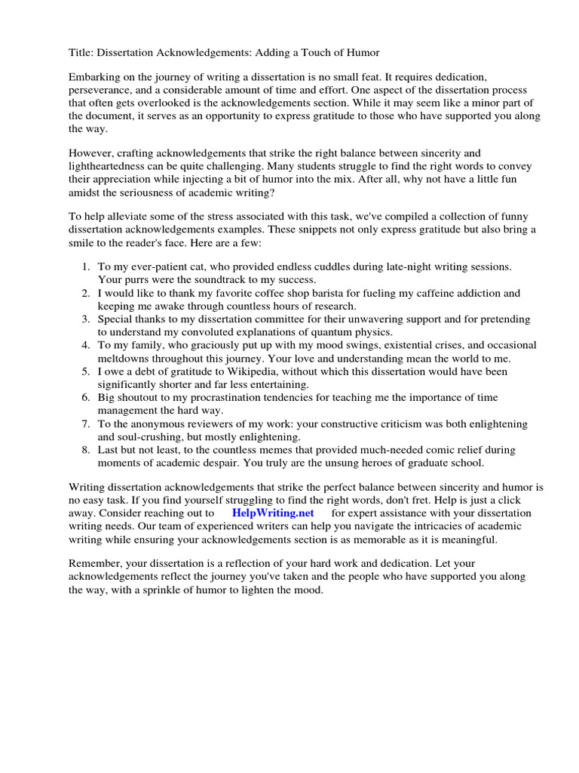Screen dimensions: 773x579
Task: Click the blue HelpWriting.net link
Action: coord(273,513)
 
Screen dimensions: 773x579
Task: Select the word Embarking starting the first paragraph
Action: coord(96,78)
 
